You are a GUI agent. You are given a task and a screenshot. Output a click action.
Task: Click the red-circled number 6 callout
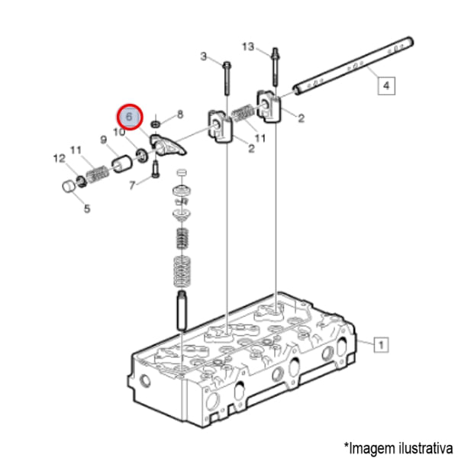pos(130,117)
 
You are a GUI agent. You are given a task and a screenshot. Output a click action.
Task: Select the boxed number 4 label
pos(386,85)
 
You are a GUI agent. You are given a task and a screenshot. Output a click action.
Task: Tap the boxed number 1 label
pos(381,345)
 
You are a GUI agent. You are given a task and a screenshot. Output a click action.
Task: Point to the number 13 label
pos(248,47)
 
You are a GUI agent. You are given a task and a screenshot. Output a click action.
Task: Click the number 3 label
pos(204,56)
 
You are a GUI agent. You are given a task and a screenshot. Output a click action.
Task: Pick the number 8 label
pos(180,114)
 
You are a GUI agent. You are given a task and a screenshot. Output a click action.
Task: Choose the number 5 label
pos(87,209)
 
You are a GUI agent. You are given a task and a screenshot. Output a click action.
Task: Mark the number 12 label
pos(60,159)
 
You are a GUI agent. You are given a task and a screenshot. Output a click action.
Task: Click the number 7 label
pos(132,185)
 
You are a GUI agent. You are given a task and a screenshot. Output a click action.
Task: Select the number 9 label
pos(104,140)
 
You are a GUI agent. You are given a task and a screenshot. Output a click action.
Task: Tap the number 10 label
pos(119,132)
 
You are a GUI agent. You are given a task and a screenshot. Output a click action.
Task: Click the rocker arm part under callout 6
pos(168,145)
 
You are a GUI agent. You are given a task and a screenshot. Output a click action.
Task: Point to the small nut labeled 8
pos(156,124)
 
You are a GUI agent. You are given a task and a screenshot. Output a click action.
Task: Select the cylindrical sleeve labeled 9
pos(122,164)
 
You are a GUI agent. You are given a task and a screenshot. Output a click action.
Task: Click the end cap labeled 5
pos(69,185)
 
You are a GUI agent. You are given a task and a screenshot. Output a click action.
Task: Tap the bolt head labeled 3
pos(227,65)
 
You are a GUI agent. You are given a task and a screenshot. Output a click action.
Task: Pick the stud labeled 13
pos(275,66)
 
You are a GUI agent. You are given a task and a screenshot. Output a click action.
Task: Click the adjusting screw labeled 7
pos(156,169)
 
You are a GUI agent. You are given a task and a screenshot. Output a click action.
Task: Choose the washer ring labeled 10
pos(142,156)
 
